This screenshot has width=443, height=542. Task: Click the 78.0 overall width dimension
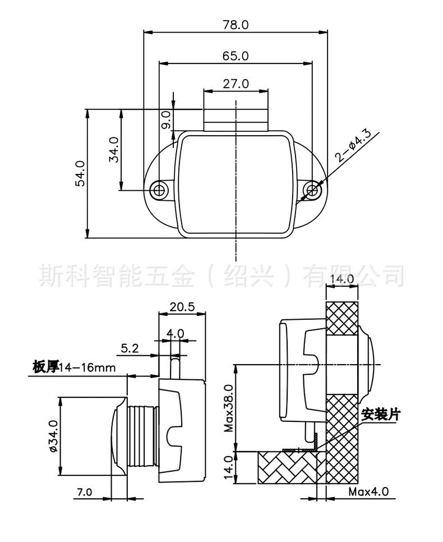pyautogui.click(x=236, y=25)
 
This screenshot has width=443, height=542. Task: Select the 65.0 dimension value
pyautogui.click(x=236, y=56)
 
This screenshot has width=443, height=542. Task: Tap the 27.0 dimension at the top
pyautogui.click(x=236, y=84)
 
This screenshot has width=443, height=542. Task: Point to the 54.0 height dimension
pyautogui.click(x=80, y=173)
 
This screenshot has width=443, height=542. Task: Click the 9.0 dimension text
pyautogui.click(x=166, y=121)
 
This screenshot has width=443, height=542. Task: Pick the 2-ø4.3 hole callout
pyautogui.click(x=352, y=146)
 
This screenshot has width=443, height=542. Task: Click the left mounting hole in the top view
pyautogui.click(x=160, y=190)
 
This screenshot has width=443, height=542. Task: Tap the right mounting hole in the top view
pyautogui.click(x=312, y=190)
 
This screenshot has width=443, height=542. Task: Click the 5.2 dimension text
pyautogui.click(x=130, y=348)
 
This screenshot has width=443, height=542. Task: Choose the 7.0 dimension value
pyautogui.click(x=84, y=493)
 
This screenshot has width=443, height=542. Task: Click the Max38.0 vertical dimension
pyautogui.click(x=228, y=408)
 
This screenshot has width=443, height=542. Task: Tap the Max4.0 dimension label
pyautogui.click(x=368, y=493)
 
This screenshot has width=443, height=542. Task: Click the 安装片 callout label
pyautogui.click(x=381, y=415)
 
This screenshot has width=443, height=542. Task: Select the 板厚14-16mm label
pyautogui.click(x=74, y=367)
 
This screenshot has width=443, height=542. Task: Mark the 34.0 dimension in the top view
pyautogui.click(x=113, y=150)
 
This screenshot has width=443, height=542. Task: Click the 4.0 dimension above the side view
pyautogui.click(x=176, y=333)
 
